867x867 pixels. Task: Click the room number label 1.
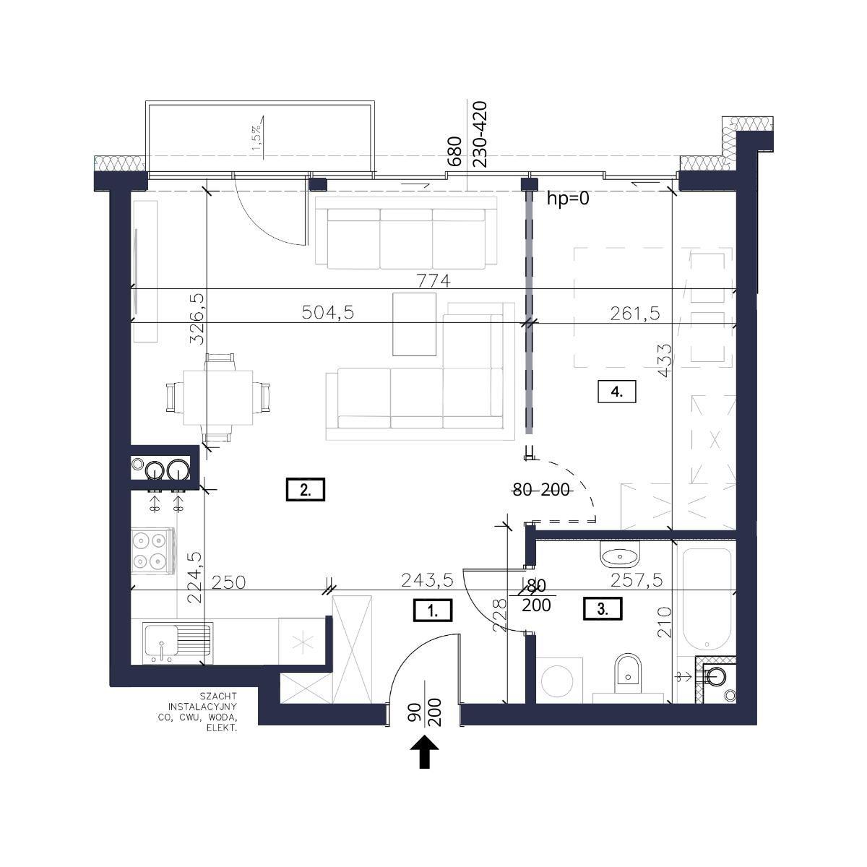click(x=432, y=610)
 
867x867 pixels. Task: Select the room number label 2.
click(x=305, y=490)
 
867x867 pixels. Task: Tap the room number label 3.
click(x=603, y=609)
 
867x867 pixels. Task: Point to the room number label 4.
click(x=616, y=392)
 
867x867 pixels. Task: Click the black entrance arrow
click(x=424, y=752)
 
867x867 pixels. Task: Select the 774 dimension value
click(x=433, y=281)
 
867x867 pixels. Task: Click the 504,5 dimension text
click(x=328, y=312)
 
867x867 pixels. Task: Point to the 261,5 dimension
click(x=635, y=313)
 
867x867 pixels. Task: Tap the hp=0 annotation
click(x=568, y=199)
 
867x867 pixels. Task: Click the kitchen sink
click(x=177, y=643)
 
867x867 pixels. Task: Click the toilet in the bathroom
click(x=628, y=674)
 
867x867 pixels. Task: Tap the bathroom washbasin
click(x=619, y=555)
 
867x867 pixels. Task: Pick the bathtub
click(x=707, y=599)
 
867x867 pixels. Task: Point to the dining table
click(x=217, y=397)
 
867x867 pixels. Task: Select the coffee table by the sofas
click(x=414, y=324)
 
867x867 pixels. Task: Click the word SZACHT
click(x=218, y=696)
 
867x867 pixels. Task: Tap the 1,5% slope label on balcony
click(x=256, y=139)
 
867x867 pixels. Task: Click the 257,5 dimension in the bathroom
click(x=637, y=580)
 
